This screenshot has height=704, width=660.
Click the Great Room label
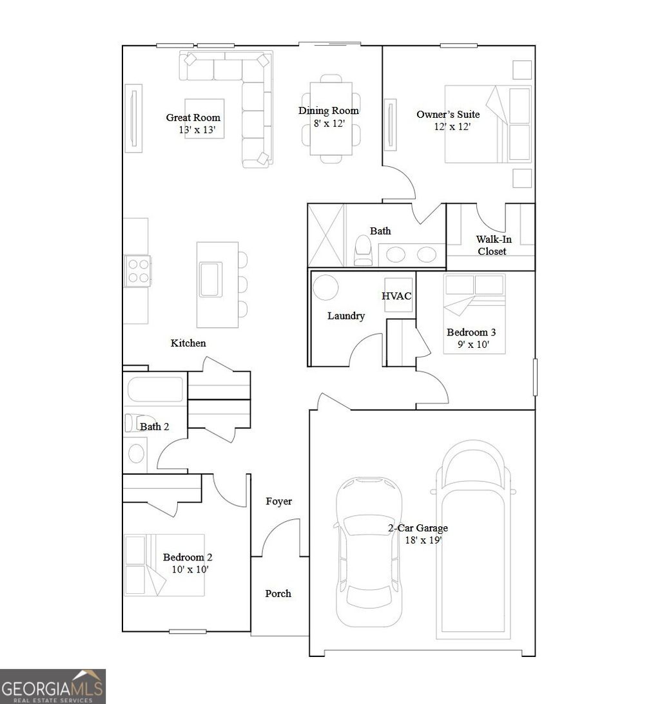193,117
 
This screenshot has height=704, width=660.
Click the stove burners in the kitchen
137,271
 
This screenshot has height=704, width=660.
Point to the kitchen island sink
211,279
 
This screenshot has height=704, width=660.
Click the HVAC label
396,296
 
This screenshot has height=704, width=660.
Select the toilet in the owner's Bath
364,251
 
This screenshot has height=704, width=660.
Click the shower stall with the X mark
326,235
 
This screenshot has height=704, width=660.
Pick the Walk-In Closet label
491,245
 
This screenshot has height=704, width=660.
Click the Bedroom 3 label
471,332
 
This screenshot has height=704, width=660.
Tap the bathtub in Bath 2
155,390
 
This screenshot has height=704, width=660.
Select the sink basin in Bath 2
136,453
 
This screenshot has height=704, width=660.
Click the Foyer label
278,501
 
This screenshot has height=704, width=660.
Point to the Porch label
278,593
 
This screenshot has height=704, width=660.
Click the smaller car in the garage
369,551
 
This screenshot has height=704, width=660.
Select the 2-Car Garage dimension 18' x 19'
422,540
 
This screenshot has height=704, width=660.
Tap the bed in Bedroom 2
164,564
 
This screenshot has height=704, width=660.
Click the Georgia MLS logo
52,686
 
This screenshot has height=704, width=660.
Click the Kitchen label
188,343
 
